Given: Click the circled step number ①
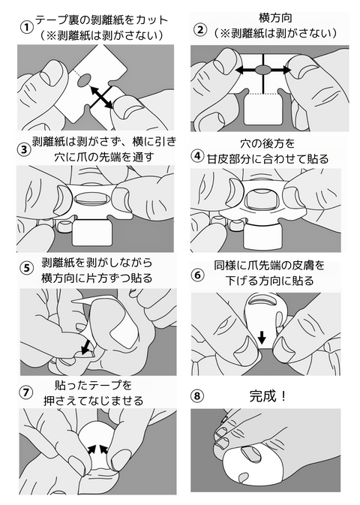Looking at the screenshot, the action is tap(26, 27).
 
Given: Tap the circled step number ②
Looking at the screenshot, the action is tap(200, 30).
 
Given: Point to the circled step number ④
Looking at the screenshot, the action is tap(198, 156).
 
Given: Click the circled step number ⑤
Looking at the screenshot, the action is tap(27, 269).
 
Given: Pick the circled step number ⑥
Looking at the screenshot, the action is tap(198, 275).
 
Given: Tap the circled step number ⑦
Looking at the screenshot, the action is tap(26, 392).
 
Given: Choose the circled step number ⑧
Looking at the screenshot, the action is tap(197, 395).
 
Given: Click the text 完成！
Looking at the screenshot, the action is tap(268, 395).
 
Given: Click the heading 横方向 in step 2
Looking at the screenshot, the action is tap(275, 18).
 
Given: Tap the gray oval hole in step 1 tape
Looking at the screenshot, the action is tap(84, 80).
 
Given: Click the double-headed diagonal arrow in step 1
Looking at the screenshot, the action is tap(101, 98).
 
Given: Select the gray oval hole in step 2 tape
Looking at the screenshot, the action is tap(263, 70).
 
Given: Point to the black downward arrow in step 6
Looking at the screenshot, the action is tap(262, 337).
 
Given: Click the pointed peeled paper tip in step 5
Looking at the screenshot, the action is tap(73, 301).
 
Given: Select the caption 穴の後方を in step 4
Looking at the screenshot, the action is tap(267, 143).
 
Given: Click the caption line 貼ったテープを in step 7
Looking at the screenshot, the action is tap(94, 385).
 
